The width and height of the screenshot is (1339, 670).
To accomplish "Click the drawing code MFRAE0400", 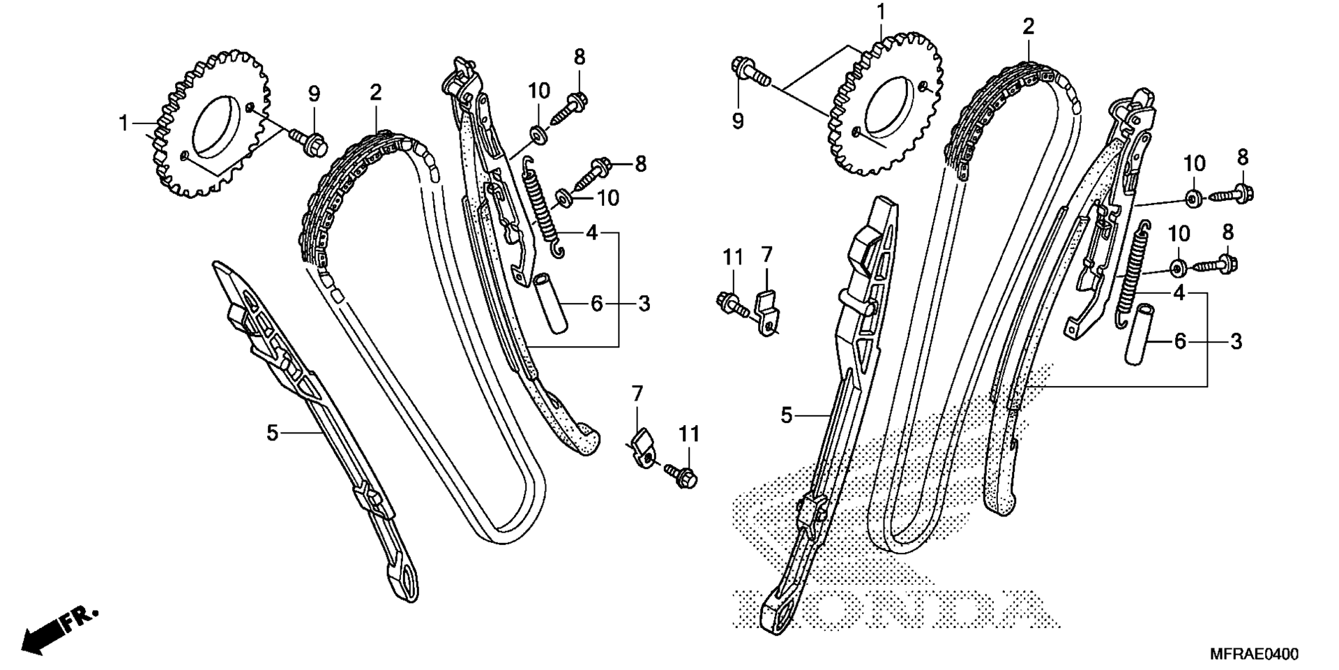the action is click(1254, 654).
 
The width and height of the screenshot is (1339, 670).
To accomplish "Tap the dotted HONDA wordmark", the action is click(896, 609).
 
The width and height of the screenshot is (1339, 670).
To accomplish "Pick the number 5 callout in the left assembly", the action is click(272, 433).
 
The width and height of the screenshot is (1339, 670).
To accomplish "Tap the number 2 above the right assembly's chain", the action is click(1029, 27).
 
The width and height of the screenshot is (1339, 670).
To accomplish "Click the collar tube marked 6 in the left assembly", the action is click(550, 305).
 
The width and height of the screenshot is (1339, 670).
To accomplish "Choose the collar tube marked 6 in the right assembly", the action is click(1140, 334).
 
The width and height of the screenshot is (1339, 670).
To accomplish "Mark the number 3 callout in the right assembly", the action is click(1236, 341).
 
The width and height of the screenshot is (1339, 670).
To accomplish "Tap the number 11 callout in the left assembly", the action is click(688, 434).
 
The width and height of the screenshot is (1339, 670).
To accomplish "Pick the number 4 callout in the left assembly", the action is click(591, 232).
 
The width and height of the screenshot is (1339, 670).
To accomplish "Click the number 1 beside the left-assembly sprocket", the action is click(123, 124).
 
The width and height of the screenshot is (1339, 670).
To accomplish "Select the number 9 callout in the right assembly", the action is click(739, 121).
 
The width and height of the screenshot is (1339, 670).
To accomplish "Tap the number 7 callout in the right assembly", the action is click(766, 254).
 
